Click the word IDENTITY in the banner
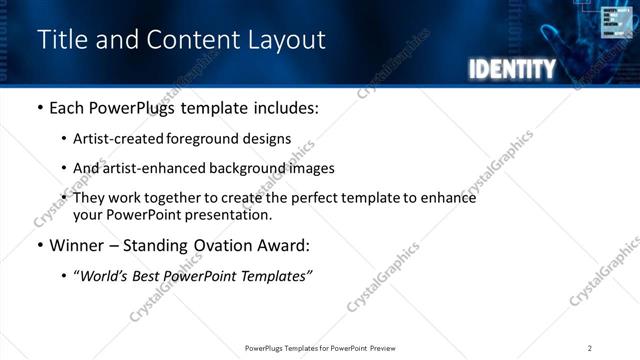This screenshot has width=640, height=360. pos(511,69)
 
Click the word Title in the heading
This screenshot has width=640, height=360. pos(59,39)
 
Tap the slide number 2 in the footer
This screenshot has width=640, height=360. pos(589,348)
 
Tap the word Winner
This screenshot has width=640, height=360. pos(79,245)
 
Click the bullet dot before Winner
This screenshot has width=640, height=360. pos(39,245)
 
